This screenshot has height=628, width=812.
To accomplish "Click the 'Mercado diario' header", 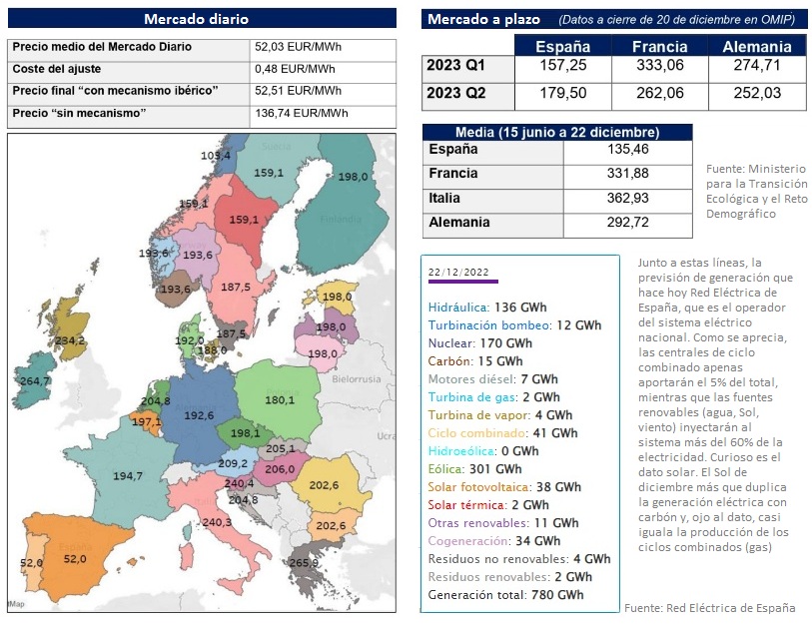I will (196, 19).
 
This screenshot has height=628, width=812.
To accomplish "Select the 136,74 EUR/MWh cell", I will (300, 113).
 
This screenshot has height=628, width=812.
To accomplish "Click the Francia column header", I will (659, 47).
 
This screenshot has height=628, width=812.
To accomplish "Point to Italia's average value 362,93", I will (627, 199).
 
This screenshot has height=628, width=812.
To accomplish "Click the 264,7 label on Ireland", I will (35, 380).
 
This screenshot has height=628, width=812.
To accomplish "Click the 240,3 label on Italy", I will (217, 522).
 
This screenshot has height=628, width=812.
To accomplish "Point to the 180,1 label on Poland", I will (279, 400).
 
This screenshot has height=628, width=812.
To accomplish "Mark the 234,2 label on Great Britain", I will (70, 340).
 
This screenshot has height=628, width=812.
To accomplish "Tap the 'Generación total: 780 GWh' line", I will (505, 594).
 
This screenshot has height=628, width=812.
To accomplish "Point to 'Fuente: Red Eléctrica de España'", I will (709, 608).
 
